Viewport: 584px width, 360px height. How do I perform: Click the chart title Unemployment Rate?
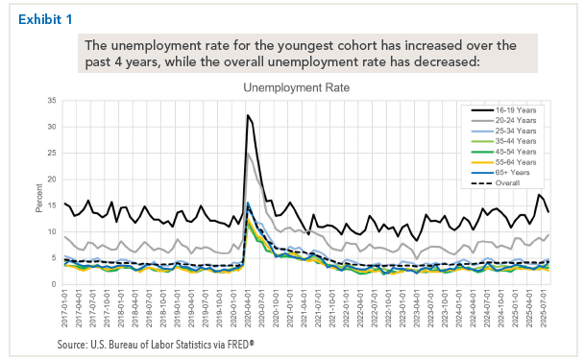point(296,87)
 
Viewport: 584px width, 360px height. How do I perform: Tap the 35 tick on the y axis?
point(54,101)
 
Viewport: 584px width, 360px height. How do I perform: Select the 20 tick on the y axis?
point(54,180)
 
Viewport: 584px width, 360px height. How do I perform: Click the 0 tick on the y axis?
point(56,284)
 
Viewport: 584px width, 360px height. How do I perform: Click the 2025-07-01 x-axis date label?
point(544,308)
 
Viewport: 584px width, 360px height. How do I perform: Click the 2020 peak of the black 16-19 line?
point(248,116)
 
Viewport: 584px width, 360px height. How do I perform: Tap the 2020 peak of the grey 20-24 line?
point(249,154)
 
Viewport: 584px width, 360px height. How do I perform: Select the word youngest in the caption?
point(306,45)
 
